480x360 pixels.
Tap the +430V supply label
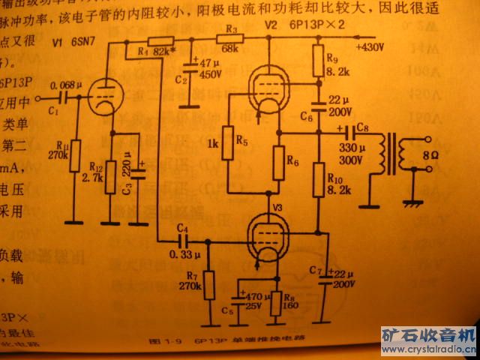coord(367,47)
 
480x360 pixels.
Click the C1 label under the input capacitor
coord(52,110)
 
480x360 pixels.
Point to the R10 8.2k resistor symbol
coord(320,180)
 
